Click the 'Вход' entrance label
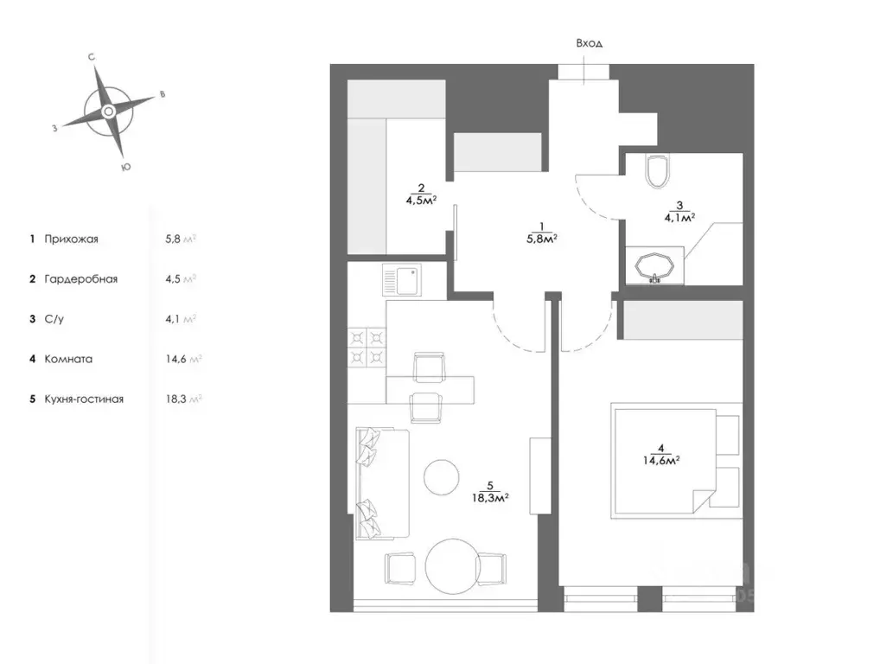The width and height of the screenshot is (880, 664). (590, 43)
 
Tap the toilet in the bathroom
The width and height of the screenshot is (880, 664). (658, 171)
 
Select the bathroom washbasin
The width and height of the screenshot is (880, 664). (654, 265)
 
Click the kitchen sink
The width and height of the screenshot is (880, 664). (402, 280)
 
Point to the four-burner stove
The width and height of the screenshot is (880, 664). (367, 348)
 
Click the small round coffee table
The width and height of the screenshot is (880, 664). (442, 477)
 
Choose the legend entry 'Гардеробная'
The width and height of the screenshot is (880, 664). (80, 279)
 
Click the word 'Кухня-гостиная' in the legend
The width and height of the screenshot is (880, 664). (84, 399)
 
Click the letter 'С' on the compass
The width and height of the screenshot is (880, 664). (92, 57)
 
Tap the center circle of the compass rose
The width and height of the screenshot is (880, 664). (108, 112)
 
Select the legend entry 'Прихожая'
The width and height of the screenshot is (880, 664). (71, 239)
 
